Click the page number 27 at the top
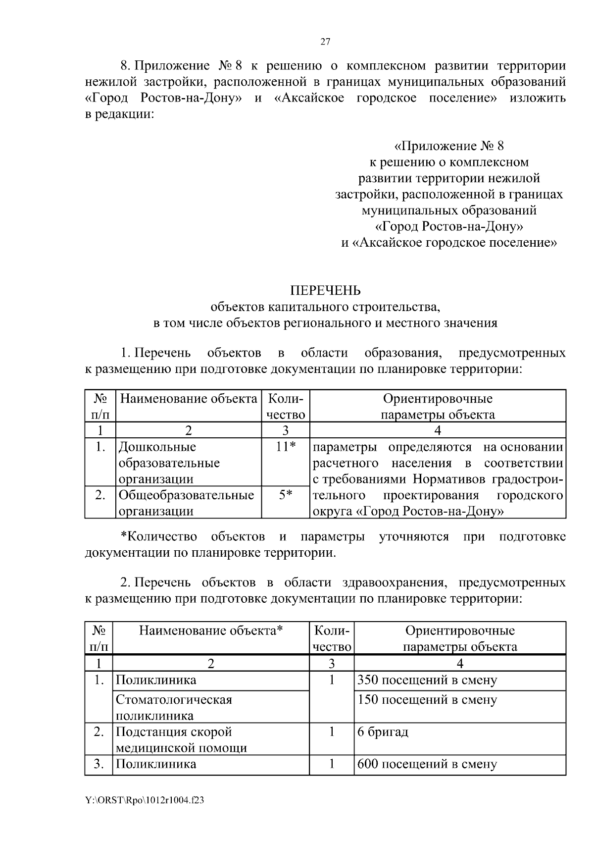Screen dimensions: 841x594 [x=325, y=42]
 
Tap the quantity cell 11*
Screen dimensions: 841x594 [x=286, y=447]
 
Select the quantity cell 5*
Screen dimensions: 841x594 [x=286, y=495]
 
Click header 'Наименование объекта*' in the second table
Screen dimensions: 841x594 [x=211, y=631]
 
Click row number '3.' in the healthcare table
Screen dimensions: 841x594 [x=99, y=764]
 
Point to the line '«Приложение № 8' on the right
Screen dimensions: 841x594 [x=448, y=146]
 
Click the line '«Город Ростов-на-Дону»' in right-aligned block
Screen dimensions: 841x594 [x=448, y=226]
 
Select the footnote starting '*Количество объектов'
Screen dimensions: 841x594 [x=325, y=544]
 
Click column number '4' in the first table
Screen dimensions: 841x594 [x=438, y=430]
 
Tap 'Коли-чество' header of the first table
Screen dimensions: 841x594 [x=286, y=407]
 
